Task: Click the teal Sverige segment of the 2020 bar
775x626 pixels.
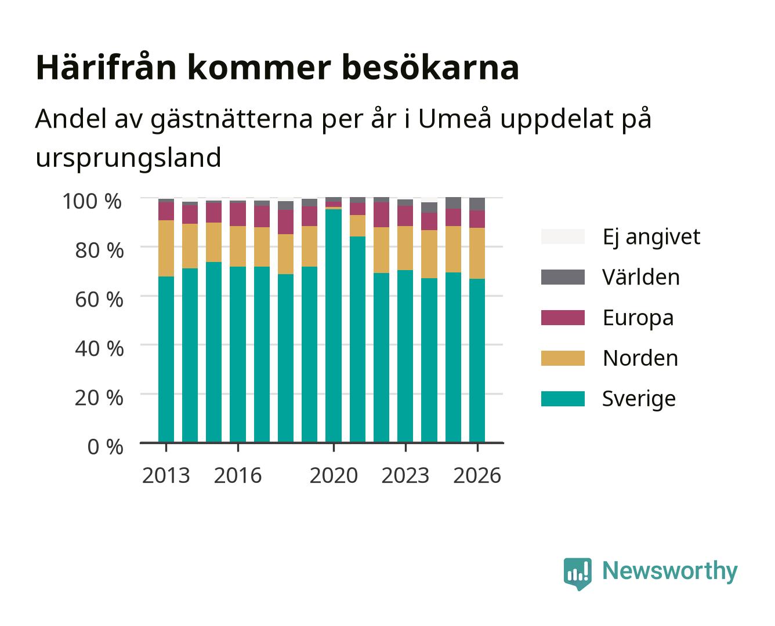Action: (x=334, y=326)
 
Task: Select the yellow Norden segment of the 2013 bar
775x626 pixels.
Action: (x=166, y=248)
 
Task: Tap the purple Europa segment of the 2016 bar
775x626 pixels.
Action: (x=238, y=214)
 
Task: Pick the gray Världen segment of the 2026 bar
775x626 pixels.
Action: (x=477, y=204)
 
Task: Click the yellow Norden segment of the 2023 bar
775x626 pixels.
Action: (x=405, y=248)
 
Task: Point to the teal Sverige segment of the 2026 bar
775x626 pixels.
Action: (x=477, y=361)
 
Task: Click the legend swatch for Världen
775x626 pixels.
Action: (x=563, y=277)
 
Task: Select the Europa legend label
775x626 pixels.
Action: (x=638, y=318)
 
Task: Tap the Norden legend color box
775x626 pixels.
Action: (x=563, y=358)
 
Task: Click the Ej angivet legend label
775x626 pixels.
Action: (x=651, y=237)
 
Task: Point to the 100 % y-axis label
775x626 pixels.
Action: (x=92, y=201)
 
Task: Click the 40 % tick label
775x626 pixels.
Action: (x=99, y=349)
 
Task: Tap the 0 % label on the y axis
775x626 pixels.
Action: (x=105, y=447)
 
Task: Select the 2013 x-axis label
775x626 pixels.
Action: (x=166, y=475)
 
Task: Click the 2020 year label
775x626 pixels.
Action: (x=334, y=475)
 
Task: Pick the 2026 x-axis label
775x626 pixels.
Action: (x=477, y=475)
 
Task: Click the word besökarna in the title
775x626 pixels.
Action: (x=430, y=68)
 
